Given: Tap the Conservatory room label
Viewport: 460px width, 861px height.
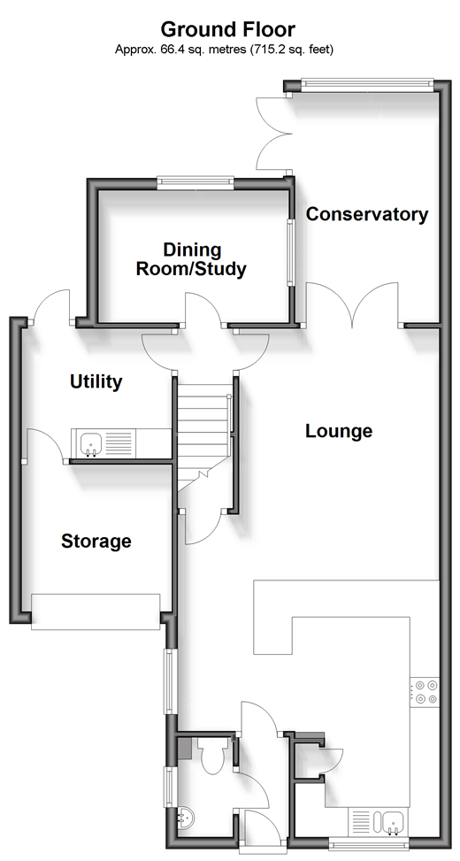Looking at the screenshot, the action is [x=367, y=214].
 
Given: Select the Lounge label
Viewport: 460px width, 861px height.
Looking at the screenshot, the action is [x=339, y=432].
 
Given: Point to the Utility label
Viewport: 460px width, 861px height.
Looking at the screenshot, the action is [x=96, y=381].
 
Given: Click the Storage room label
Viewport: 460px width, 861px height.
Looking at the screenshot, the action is [x=96, y=542].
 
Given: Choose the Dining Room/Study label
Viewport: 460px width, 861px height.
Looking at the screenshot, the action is [x=192, y=260].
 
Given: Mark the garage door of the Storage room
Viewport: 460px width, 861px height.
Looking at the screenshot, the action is [x=96, y=611].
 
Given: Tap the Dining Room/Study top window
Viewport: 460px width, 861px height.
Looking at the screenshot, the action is [x=195, y=181].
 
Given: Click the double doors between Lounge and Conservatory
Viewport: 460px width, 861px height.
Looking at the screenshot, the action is [x=352, y=304].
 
